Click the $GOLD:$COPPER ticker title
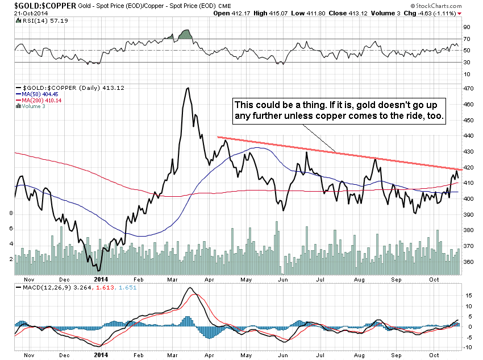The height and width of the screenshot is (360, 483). (45, 6)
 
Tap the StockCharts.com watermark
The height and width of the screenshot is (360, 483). (436, 6)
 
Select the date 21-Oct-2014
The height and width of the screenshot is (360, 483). (31, 14)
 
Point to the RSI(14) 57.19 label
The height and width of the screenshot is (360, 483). (42, 20)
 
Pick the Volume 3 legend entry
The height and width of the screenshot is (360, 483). (30, 106)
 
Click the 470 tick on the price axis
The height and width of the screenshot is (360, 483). (468, 89)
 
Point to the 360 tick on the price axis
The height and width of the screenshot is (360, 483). (468, 262)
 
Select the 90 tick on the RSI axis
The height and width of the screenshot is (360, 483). (467, 27)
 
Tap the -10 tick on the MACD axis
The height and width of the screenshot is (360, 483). (468, 347)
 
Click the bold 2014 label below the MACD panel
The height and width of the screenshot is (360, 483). (101, 355)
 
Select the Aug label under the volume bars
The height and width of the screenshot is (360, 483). (359, 280)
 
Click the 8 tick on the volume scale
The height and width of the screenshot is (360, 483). (11, 213)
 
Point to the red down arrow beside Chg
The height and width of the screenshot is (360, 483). (459, 14)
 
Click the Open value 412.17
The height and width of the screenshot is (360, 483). (240, 13)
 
